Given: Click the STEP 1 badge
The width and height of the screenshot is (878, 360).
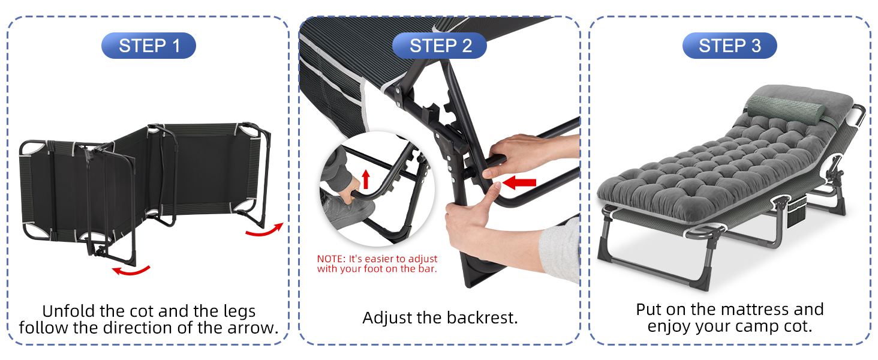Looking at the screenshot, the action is [x=149, y=46].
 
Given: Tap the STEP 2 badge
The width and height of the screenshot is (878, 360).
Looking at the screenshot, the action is [x=440, y=46].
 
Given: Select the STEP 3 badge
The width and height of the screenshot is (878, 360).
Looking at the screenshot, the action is [x=729, y=46].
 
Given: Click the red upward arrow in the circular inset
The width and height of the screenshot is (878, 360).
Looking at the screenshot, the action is [x=366, y=179].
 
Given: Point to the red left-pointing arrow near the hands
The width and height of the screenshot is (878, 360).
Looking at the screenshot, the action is [x=519, y=182].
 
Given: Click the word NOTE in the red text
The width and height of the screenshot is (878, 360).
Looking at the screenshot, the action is [x=330, y=259].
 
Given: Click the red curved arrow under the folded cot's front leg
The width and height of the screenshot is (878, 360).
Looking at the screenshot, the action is [x=131, y=270].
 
